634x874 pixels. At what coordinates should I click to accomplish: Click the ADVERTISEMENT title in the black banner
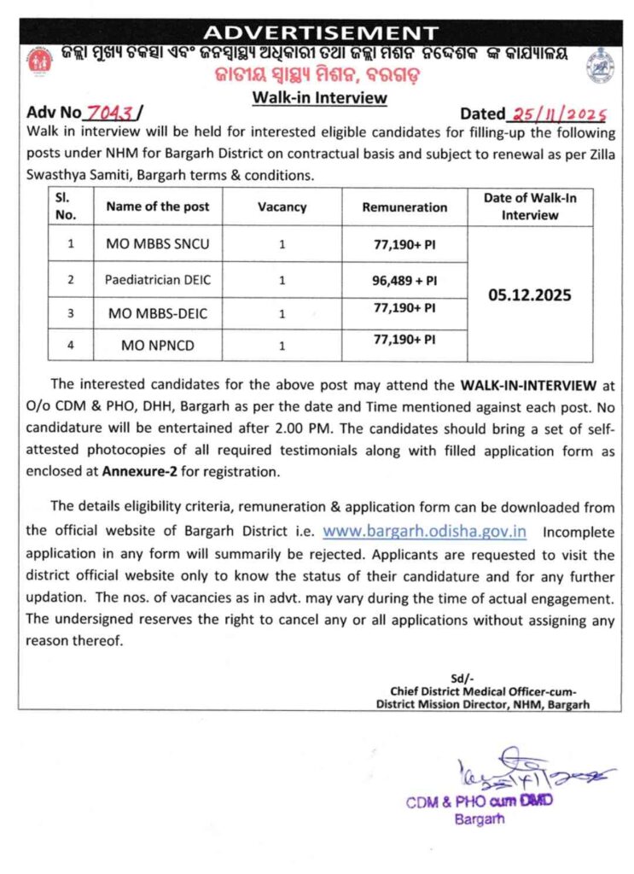322,32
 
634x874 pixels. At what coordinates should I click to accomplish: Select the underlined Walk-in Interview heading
319,97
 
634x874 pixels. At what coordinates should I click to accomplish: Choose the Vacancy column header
282,207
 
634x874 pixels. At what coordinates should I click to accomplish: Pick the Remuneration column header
404,207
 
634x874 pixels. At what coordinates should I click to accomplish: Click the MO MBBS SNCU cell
158,244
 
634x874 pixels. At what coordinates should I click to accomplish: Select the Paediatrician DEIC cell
158,279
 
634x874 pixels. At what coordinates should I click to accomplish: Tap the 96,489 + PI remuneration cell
404,279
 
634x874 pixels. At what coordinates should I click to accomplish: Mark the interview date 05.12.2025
530,295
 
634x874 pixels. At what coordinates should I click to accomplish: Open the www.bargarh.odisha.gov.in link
424,531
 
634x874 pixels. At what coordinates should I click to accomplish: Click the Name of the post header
158,207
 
